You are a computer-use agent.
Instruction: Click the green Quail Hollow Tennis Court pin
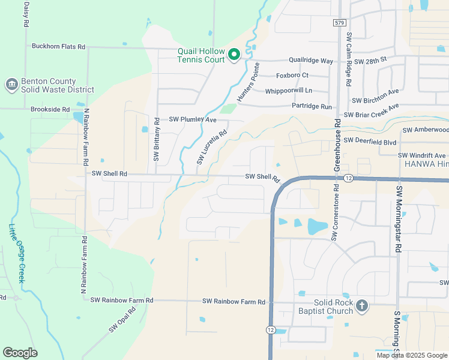tap(234, 55)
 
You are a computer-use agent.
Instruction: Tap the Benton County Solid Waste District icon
tap(11, 85)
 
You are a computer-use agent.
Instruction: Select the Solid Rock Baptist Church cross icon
tap(361, 306)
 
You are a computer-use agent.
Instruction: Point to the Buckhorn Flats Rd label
tap(58, 46)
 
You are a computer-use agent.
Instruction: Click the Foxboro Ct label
tap(292, 76)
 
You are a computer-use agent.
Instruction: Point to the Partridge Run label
tap(312, 106)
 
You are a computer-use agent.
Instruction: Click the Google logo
tap(20, 353)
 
